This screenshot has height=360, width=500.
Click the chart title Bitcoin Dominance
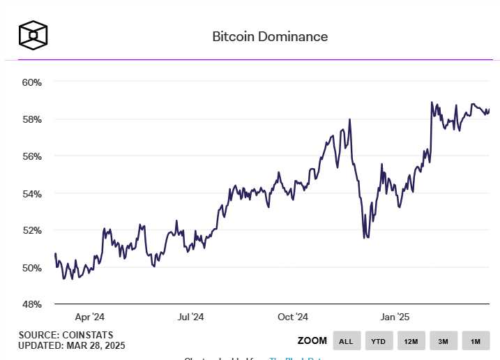(270, 36)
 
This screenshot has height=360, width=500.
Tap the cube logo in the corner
(33, 34)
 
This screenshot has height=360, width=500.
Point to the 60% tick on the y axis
(32, 82)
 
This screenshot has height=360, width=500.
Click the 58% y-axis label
(32, 119)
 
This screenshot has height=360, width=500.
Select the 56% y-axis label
(32, 156)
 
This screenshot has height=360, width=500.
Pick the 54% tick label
(32, 193)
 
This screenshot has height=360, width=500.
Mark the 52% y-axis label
(32, 230)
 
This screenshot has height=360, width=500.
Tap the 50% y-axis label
(32, 267)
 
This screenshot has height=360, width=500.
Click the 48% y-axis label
(32, 304)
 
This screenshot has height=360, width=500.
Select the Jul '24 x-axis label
(190, 317)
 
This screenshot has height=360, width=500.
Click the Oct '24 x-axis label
(293, 317)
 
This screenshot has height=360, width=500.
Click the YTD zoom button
(378, 341)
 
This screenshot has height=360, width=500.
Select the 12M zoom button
(410, 341)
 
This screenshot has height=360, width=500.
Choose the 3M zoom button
(443, 341)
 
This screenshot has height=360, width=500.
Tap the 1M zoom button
(476, 341)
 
